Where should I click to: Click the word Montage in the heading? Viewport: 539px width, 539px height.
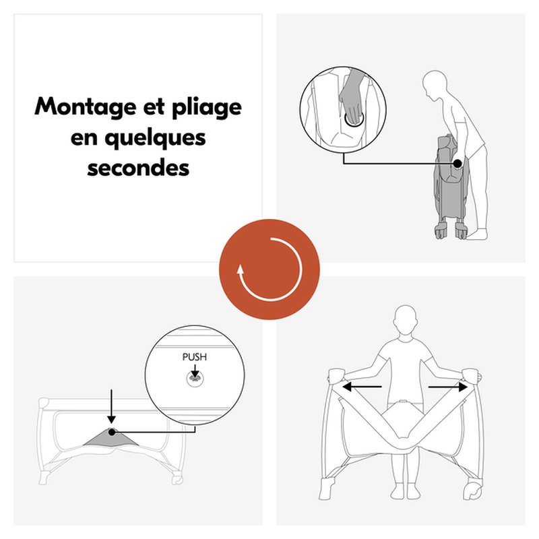(x=86, y=106)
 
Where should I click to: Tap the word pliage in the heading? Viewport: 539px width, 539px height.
(x=207, y=107)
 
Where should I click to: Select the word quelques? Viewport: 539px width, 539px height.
(x=155, y=139)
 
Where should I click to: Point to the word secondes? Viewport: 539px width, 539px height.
(x=138, y=168)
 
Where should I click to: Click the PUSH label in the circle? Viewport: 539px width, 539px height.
(x=195, y=357)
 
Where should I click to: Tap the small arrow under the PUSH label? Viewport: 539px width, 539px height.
(x=195, y=371)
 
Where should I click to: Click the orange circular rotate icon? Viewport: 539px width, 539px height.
(x=269, y=269)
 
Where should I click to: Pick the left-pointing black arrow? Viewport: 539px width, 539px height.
(x=362, y=387)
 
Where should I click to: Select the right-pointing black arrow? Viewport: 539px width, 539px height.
(x=447, y=387)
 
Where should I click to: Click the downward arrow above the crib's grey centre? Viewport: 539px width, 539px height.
(x=111, y=406)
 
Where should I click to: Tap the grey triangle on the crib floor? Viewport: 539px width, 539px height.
(x=110, y=438)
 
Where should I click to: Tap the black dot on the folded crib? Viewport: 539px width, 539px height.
(x=457, y=164)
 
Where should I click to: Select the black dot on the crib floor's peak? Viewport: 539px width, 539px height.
(x=112, y=432)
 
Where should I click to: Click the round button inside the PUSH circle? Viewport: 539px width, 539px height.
(x=195, y=379)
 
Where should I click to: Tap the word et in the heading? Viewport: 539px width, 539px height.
(x=154, y=107)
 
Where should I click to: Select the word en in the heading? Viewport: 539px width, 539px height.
(x=84, y=138)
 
